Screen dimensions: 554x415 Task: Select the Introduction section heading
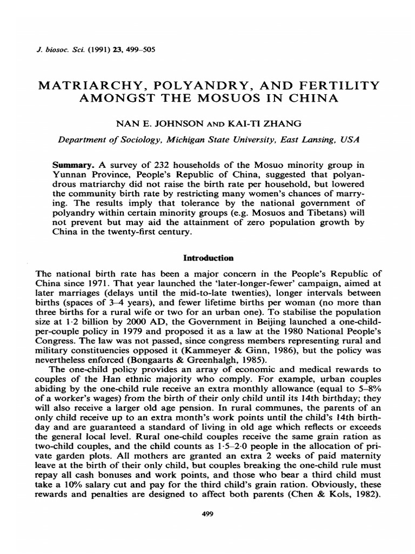tap(207, 258)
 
